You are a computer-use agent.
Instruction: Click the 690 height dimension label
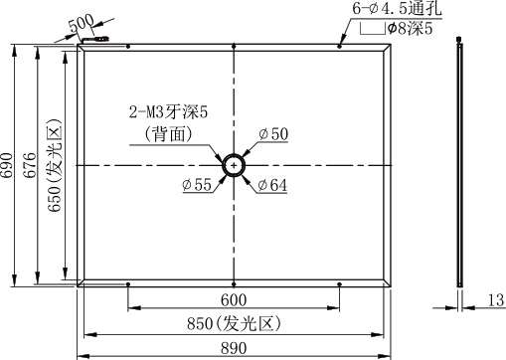click(7, 165)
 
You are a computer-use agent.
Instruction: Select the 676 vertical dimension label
click(30, 165)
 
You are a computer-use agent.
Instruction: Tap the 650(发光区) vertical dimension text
click(55, 165)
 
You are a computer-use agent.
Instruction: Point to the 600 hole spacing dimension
click(234, 300)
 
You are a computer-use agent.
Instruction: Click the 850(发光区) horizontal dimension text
click(234, 323)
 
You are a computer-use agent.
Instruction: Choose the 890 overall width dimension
click(234, 349)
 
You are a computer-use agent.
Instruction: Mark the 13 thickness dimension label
click(496, 300)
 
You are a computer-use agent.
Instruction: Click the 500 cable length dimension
click(82, 24)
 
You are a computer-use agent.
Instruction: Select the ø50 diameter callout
click(273, 134)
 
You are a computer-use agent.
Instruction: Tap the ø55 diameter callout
click(197, 185)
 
